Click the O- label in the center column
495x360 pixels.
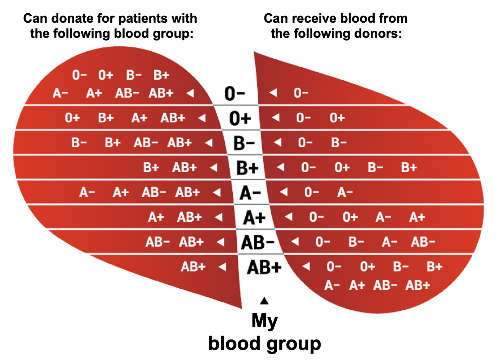(x=235, y=94)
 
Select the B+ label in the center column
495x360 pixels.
(x=247, y=168)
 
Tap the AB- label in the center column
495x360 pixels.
(x=258, y=242)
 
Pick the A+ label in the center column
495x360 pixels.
(x=254, y=217)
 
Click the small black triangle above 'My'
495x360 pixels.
(x=264, y=300)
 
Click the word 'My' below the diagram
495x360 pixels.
(x=264, y=320)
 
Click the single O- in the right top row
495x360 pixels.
(x=301, y=93)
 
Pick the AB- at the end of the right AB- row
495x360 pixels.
(x=423, y=242)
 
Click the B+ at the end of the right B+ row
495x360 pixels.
(x=409, y=167)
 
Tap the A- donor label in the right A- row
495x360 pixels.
(x=345, y=192)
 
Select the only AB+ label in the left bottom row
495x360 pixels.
(x=193, y=267)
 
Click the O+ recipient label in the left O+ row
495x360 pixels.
(x=72, y=118)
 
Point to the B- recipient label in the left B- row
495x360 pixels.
(x=79, y=143)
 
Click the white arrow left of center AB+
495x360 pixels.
(x=223, y=267)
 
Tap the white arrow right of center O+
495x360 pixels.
(x=276, y=118)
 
